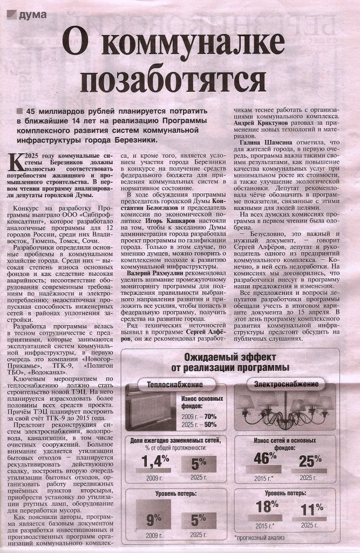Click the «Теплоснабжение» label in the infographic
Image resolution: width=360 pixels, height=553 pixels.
click(x=170, y=384)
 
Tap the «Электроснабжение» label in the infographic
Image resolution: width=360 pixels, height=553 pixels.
click(x=286, y=384)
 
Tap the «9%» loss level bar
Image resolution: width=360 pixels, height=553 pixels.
click(x=153, y=520)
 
